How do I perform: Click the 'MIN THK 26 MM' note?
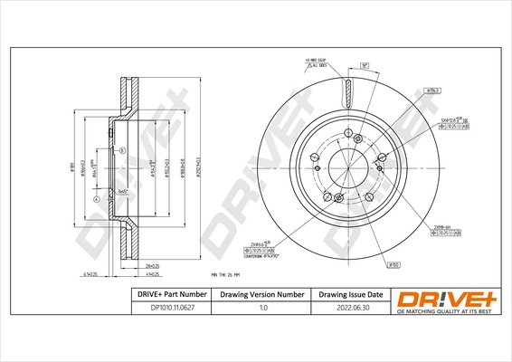click(x=228, y=273)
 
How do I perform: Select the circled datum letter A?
click(x=95, y=199)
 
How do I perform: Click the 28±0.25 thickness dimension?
click(x=153, y=266)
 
